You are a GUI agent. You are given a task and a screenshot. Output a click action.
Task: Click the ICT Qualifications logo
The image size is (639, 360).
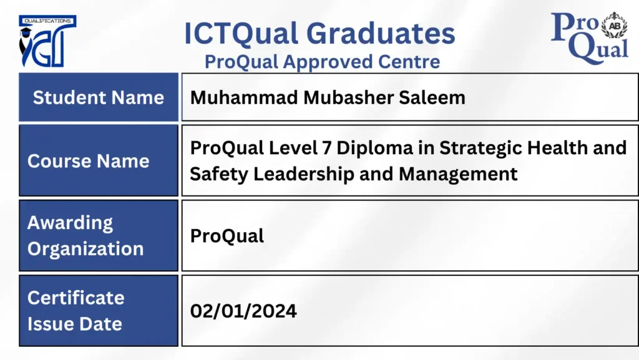pos(47,41)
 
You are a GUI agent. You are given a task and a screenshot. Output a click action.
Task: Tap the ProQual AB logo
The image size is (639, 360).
pos(589,38)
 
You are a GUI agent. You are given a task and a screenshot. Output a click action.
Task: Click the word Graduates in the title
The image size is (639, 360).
pos(381,34)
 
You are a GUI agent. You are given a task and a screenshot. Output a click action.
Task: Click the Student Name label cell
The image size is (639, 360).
pos(99,97)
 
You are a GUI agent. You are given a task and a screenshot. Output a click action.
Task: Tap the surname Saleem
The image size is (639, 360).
pos(432,97)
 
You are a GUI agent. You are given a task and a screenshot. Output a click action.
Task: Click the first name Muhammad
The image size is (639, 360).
pos(244,97)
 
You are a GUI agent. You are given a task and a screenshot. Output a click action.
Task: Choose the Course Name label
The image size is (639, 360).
pos(89,161)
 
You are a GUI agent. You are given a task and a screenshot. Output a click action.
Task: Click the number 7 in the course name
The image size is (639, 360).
pos(327,148)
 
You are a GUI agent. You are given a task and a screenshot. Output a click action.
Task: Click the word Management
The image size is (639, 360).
pos(458,174)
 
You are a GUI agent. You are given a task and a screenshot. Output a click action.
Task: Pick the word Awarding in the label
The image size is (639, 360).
pos(70,223)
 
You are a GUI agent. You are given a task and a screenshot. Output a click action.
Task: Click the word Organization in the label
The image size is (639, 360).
pos(85,249)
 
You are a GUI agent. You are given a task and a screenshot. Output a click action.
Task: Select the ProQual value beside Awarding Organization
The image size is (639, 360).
pos(227,236)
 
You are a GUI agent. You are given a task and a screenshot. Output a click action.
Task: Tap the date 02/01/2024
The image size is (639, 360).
pos(243,311)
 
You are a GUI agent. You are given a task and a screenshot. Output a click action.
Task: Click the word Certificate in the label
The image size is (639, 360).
pos(76,298)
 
